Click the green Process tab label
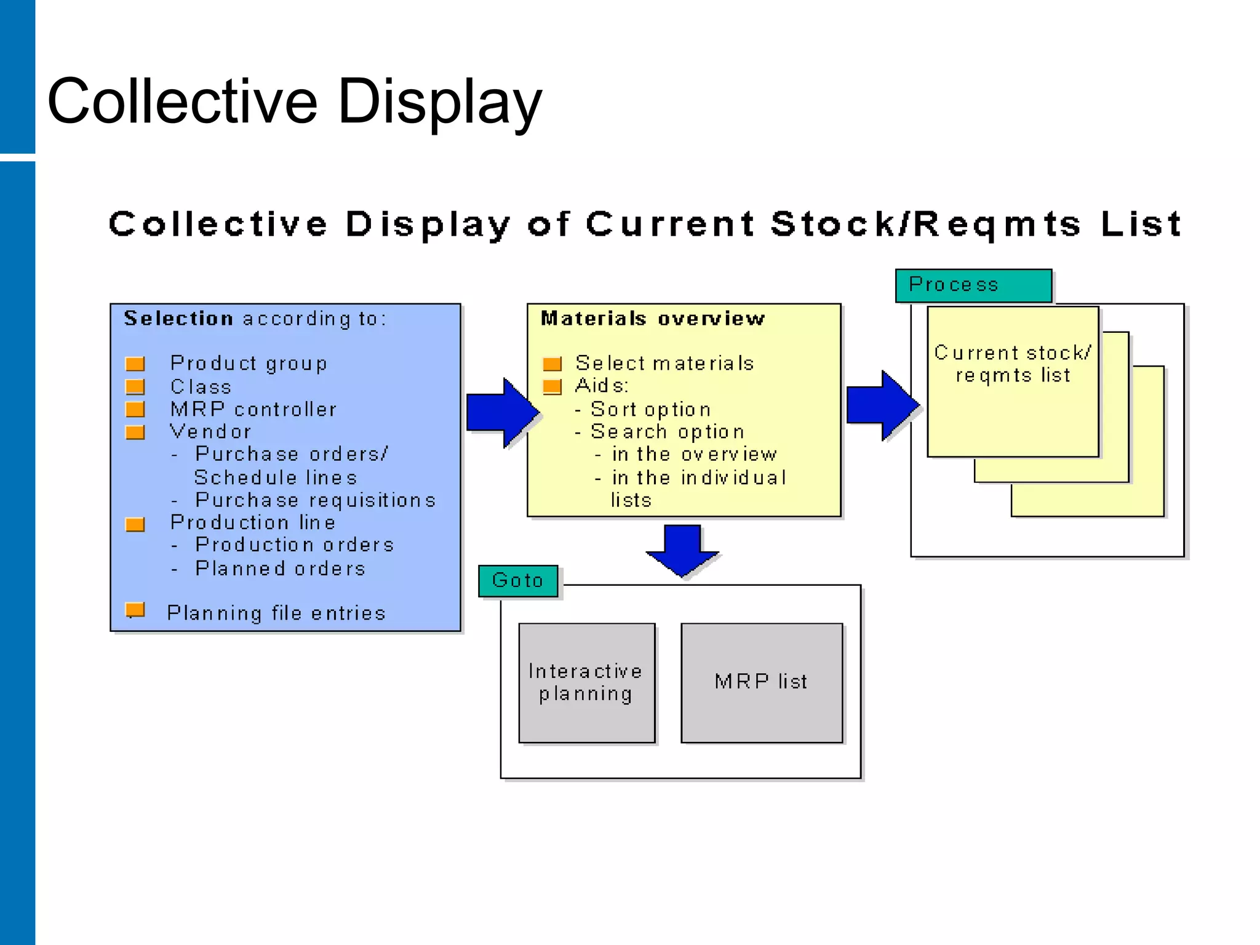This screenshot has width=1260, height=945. [973, 285]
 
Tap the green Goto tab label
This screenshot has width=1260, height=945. [518, 580]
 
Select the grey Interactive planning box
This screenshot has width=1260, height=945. [586, 682]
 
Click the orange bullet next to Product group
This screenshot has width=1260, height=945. [135, 364]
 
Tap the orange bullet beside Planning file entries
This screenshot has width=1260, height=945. [135, 610]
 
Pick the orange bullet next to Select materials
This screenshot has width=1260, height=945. [552, 364]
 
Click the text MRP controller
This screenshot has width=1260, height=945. [253, 409]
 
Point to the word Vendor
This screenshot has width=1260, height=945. [210, 431]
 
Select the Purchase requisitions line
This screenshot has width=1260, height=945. [315, 500]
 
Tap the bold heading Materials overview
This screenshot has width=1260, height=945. [652, 318]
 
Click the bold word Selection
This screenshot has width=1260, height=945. [178, 318]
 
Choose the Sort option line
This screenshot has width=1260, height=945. [650, 409]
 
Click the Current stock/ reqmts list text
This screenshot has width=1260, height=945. [1012, 364]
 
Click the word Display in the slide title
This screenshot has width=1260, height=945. [439, 102]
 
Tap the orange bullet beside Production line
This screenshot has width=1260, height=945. [135, 524]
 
